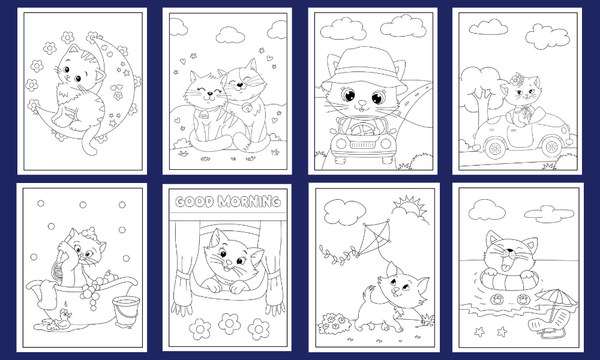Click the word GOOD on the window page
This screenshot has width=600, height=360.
pos(194,202)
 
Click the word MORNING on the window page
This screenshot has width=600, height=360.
pos(250,201)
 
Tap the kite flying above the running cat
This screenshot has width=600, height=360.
pos(373,238)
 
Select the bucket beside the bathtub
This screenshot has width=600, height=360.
pos(126,312)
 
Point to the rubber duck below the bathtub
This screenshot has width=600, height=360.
pos(63,319)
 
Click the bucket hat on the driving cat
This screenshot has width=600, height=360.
pos(365,69)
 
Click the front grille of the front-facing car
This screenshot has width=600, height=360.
pos(362,145)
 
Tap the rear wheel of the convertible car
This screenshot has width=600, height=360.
pos(495,148)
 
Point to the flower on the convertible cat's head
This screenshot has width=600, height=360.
pos(517,80)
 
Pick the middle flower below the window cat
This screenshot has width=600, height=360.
pos(230,323)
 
